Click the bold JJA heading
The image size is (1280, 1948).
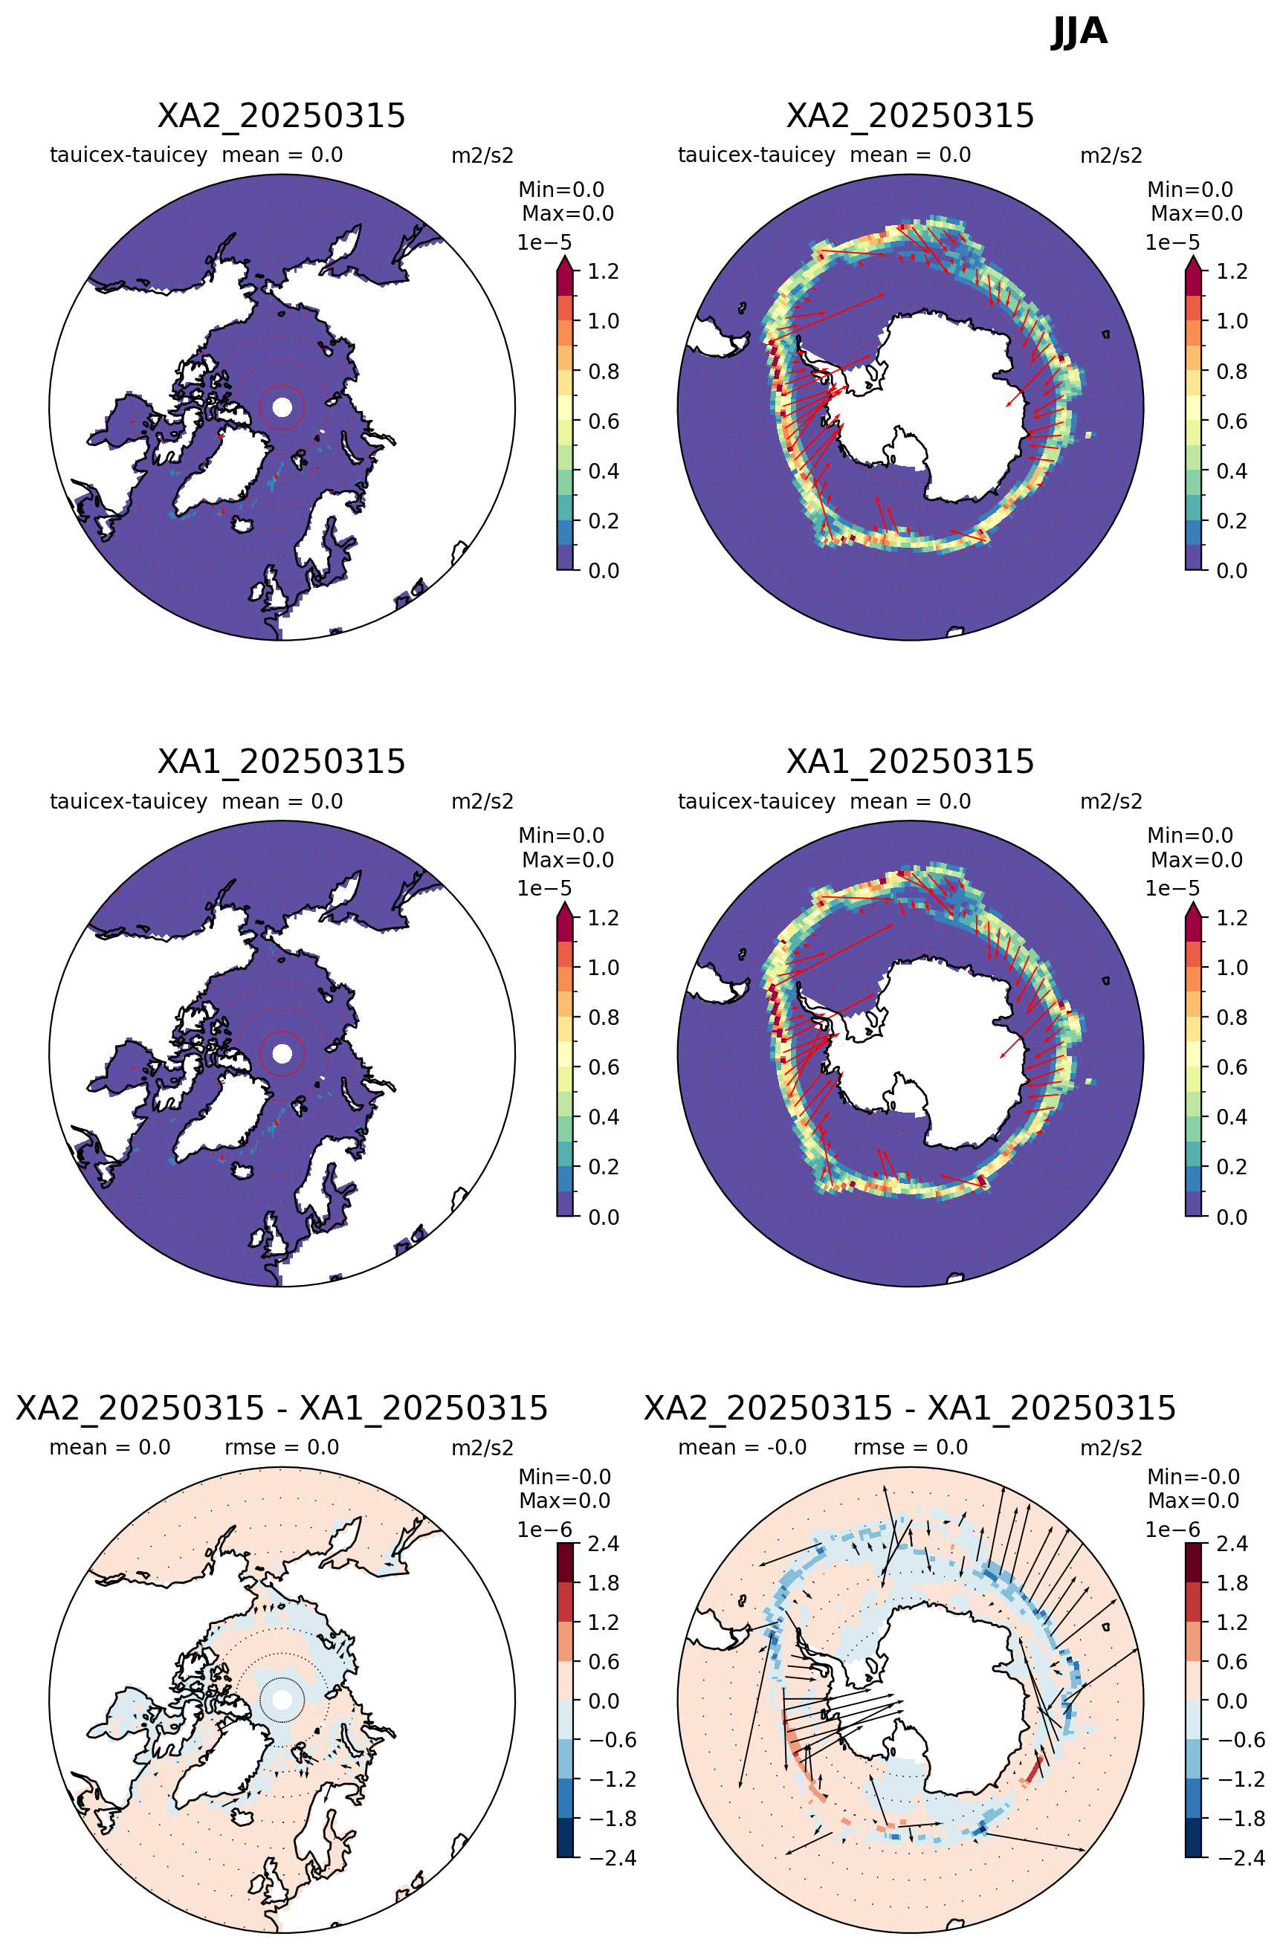coord(1078,32)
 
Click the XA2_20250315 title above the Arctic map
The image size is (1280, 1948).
coord(282,115)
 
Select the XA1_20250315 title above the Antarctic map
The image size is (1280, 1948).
coord(910,761)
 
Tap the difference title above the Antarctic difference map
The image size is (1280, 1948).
coord(910,1408)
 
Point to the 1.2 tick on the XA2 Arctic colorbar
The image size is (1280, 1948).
coord(603,271)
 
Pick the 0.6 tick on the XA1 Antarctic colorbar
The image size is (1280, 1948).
coord(1232,1067)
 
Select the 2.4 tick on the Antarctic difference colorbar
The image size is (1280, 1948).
coord(1232,1544)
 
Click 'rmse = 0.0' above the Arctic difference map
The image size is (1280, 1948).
coord(282,1447)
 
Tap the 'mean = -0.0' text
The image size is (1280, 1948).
coord(743,1447)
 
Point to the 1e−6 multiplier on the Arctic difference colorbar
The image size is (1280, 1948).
coord(544,1529)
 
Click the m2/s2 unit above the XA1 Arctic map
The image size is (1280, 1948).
coord(482,801)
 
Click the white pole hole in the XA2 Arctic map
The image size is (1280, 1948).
coord(282,407)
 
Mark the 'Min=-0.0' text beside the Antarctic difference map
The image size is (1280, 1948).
coord(1193,1476)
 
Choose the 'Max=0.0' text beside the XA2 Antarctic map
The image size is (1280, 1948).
coord(1197,213)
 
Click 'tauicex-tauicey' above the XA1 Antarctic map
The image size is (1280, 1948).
coord(756,801)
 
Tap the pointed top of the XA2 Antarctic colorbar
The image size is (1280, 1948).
coord(1193,257)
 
